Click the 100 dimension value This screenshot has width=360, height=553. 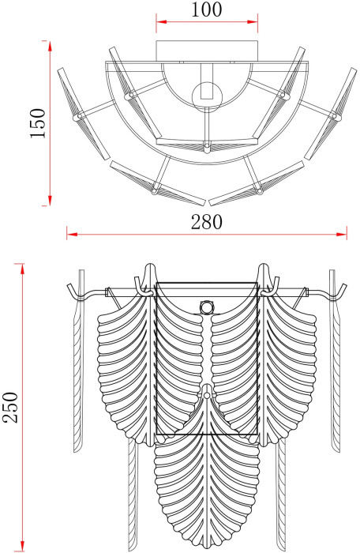[x=207, y=9]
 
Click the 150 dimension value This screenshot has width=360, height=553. [x=38, y=123]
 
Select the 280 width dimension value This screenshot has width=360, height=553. [x=207, y=222]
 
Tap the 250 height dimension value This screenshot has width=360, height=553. [x=10, y=407]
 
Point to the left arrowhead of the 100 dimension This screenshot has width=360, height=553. [x=161, y=22]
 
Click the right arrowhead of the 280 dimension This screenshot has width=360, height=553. [x=342, y=234]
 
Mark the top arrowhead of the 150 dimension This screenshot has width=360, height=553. [x=50, y=46]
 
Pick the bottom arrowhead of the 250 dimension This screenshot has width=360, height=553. [x=23, y=547]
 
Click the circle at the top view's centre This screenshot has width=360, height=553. [x=207, y=96]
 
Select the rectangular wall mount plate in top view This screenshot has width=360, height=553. [x=207, y=51]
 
